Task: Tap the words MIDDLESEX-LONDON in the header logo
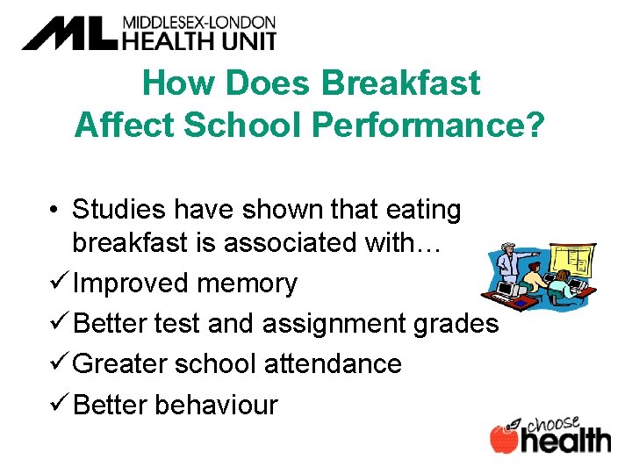click(198, 22)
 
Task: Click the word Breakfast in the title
click(401, 83)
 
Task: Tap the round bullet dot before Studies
click(54, 211)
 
